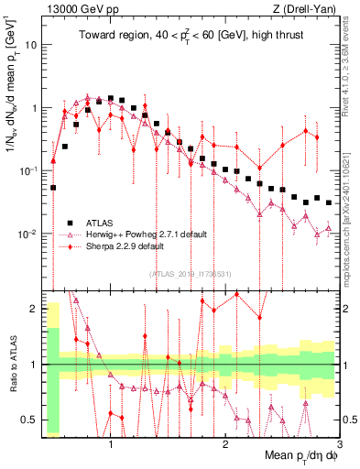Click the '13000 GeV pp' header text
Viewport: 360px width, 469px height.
point(79,10)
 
